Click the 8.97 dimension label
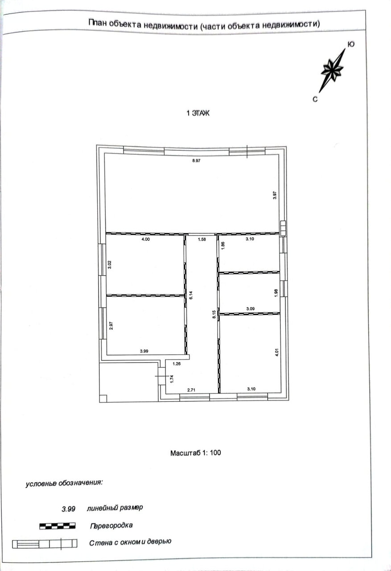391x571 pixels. [x=196, y=161]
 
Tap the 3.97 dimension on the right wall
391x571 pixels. [x=275, y=195]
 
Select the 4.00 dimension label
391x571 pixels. [x=146, y=239]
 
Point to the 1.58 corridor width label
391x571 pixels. [x=202, y=240]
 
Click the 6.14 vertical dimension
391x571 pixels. [x=191, y=295]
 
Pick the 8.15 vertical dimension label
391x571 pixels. [x=214, y=314]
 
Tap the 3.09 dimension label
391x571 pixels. [x=251, y=309]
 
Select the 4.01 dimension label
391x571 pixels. [x=277, y=352]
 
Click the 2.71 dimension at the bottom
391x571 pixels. [x=191, y=390]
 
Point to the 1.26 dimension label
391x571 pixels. [x=177, y=364]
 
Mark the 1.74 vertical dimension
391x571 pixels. [x=172, y=379]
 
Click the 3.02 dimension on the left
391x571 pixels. [x=110, y=265]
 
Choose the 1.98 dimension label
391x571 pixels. [x=276, y=293]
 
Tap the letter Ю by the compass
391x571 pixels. [x=351, y=44]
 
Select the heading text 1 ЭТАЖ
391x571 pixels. [x=198, y=113]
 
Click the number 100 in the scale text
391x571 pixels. [x=215, y=453]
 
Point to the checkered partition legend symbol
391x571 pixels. [x=58, y=525]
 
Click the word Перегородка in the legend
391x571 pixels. [x=111, y=525]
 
